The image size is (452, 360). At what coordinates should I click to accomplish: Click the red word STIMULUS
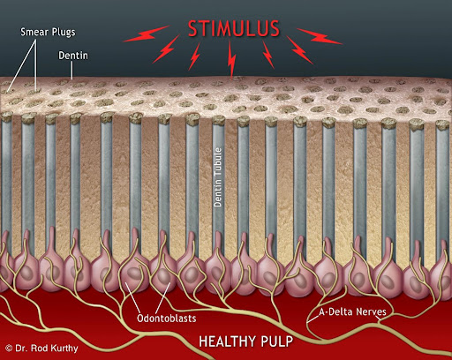[x=234, y=29]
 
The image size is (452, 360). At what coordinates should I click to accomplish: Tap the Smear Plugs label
[x=48, y=32]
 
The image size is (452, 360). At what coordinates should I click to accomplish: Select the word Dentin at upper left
[x=73, y=56]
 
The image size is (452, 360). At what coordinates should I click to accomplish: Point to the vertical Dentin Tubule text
[x=218, y=177]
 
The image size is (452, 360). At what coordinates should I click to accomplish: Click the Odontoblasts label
[x=167, y=319]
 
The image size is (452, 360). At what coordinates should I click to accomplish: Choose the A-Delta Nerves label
[x=352, y=311]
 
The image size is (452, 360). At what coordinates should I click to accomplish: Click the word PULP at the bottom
[x=277, y=341]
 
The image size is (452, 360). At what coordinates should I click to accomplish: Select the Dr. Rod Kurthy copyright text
[x=41, y=349]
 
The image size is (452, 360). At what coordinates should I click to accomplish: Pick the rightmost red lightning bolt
[x=320, y=36]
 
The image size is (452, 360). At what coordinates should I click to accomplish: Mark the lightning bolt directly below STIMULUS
[x=232, y=60]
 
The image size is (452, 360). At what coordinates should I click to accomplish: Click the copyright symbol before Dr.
[x=9, y=349]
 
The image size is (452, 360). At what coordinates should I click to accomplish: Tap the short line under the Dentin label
[x=72, y=71]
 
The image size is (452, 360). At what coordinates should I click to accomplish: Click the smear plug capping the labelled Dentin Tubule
[x=218, y=120]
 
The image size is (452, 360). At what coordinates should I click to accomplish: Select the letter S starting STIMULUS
[x=193, y=29]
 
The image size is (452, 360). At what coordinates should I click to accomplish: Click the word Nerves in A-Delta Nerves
[x=371, y=311]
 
